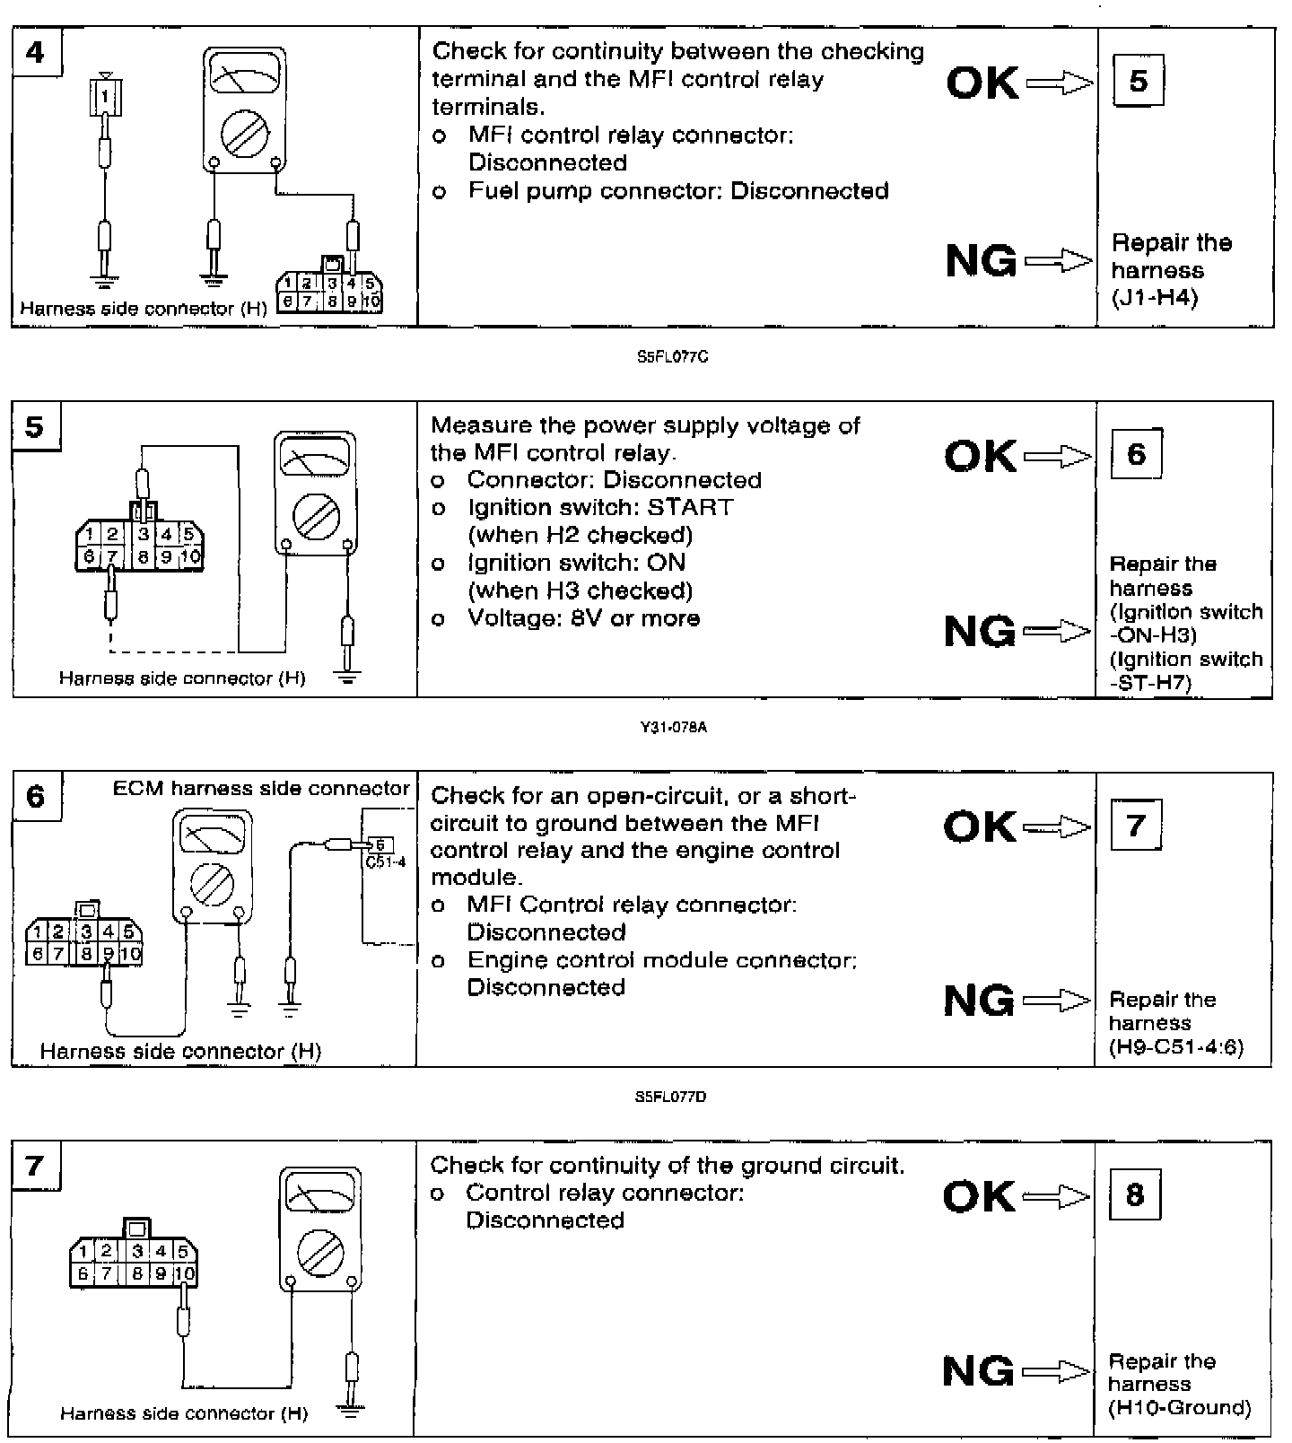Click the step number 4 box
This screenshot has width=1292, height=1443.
[x=35, y=53]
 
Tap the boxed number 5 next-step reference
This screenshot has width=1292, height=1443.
[x=1138, y=81]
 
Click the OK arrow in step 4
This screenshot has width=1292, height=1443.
[x=1060, y=83]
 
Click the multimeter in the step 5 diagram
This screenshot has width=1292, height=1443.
[x=315, y=494]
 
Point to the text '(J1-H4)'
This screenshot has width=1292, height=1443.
[x=1154, y=298]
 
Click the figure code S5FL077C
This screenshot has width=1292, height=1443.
[x=672, y=357]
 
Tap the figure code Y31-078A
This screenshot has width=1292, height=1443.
[x=672, y=727]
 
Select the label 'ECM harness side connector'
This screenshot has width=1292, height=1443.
[x=261, y=788]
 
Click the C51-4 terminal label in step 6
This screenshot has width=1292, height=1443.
[x=386, y=862]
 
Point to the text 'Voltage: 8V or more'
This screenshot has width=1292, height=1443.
[x=583, y=618]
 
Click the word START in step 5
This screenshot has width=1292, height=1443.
[x=690, y=507]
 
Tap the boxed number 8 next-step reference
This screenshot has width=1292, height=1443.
[x=1135, y=1194]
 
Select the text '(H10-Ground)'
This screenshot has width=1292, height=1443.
[x=1179, y=1408]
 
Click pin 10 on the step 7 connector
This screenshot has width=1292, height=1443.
[x=185, y=1272]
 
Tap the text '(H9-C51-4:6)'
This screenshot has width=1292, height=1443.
[x=1176, y=1047]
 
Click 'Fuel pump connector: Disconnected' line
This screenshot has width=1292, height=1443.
[x=678, y=191]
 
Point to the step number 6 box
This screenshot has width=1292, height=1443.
[x=36, y=796]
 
